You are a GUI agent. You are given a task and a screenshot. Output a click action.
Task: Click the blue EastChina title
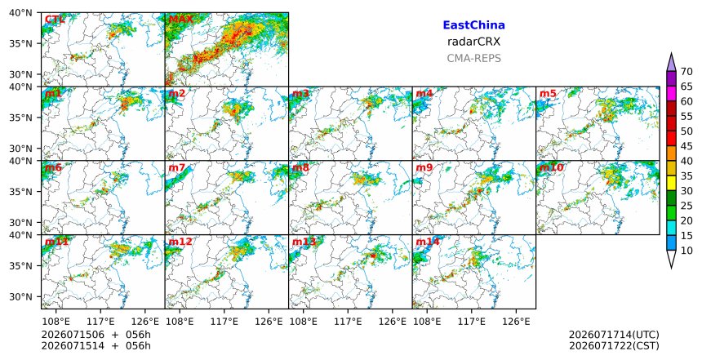[x=473, y=25]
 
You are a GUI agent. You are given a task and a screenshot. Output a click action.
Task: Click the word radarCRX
[x=473, y=42]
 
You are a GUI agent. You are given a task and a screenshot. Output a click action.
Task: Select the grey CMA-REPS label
[x=473, y=58]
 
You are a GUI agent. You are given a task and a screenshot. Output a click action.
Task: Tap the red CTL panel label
[x=55, y=20]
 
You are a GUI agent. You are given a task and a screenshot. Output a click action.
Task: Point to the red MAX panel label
[x=180, y=20]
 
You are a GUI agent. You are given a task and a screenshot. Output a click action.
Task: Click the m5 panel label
[x=548, y=94]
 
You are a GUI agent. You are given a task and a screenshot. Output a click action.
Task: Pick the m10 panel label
[x=551, y=167]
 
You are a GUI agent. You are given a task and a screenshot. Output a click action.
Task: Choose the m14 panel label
[x=428, y=242]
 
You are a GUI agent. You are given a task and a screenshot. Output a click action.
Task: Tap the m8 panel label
[x=300, y=167]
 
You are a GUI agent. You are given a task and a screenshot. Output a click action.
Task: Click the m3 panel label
[x=300, y=94]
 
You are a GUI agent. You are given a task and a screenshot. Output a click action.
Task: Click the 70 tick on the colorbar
[x=686, y=72]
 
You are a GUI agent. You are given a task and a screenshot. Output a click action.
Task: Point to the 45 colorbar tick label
[x=686, y=146]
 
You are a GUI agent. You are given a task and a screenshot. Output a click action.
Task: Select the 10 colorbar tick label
[x=686, y=251]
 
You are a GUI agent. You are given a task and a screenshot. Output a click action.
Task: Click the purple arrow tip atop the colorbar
[x=671, y=53]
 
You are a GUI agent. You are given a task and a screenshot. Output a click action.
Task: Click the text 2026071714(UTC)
[x=614, y=335]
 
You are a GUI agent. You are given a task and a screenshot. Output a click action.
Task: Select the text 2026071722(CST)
[x=614, y=346]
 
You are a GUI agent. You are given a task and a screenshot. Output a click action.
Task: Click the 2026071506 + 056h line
[x=96, y=335]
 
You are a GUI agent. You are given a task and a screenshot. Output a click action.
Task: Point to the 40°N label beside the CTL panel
[x=20, y=12]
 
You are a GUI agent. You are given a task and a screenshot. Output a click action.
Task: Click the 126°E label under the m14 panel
[x=516, y=322]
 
